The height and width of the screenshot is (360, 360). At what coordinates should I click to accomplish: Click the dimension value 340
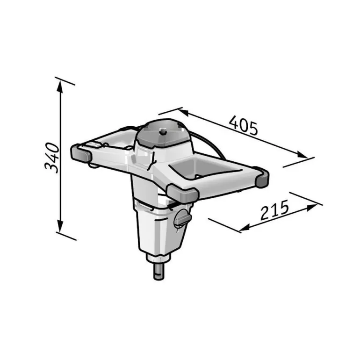tap(52, 158)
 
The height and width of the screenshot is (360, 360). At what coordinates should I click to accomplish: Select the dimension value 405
tap(244, 125)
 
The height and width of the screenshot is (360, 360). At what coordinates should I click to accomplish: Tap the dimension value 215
tap(274, 210)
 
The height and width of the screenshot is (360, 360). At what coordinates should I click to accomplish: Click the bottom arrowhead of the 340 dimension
tap(60, 226)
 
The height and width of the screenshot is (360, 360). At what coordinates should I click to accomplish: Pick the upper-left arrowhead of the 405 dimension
tap(183, 113)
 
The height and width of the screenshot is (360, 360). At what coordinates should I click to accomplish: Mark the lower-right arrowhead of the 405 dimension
tap(302, 154)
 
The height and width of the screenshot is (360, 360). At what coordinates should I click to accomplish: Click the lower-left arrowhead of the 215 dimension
tap(245, 228)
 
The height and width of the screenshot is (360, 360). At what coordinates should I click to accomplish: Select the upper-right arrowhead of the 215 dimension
tap(312, 207)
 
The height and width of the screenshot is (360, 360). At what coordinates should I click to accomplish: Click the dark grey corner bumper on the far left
tap(81, 153)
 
